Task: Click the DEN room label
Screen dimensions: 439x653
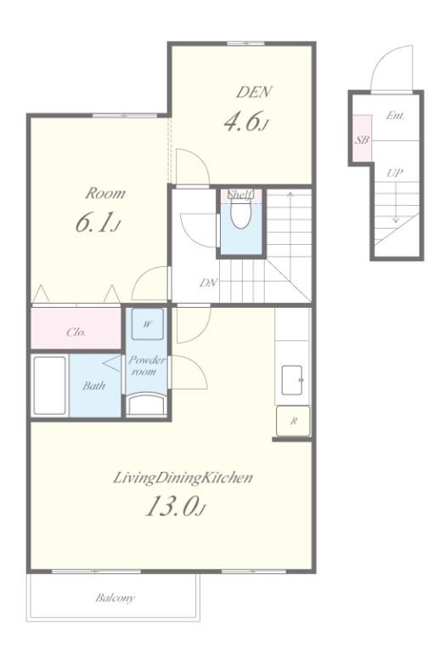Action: click(254, 92)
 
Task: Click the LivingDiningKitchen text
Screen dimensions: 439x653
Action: click(183, 478)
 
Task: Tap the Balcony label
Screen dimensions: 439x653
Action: click(115, 598)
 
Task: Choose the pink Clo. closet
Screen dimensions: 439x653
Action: click(76, 328)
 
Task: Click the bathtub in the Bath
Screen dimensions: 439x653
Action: click(49, 385)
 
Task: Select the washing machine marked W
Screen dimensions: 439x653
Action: click(147, 324)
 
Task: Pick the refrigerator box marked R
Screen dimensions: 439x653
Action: click(293, 421)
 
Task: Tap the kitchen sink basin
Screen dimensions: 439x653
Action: click(292, 380)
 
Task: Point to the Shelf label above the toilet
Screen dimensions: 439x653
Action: click(240, 195)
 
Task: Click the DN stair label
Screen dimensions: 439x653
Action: click(208, 283)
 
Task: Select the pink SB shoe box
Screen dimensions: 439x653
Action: click(362, 138)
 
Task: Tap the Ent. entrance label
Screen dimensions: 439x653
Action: click(395, 116)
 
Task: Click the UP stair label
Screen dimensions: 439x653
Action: click(395, 173)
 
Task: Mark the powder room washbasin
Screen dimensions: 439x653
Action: click(146, 405)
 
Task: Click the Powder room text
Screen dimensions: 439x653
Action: click(146, 366)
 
